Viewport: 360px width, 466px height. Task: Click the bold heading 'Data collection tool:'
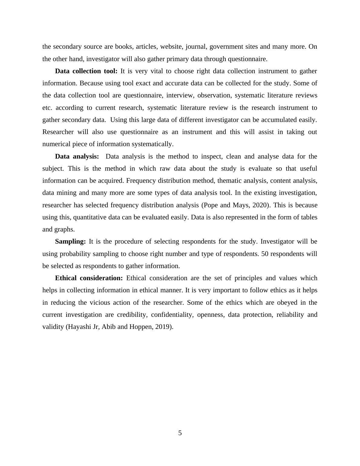(x=86, y=71)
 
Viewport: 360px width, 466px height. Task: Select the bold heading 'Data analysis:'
(x=77, y=156)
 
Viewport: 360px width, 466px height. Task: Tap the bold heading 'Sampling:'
(x=70, y=241)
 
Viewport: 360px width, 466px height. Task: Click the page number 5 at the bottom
(x=180, y=433)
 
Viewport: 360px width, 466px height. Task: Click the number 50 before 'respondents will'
(x=265, y=254)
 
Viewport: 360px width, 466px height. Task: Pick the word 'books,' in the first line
(x=124, y=47)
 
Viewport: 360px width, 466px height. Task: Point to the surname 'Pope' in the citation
(x=211, y=205)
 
